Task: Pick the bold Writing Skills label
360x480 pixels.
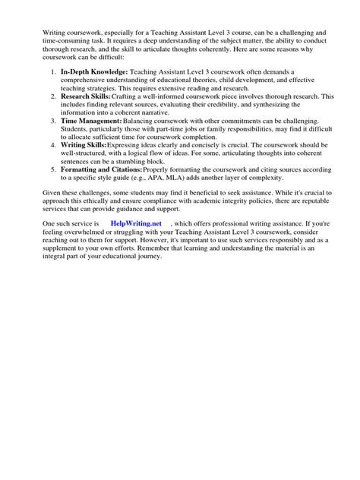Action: [85, 143]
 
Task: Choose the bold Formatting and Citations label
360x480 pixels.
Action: [101, 168]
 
